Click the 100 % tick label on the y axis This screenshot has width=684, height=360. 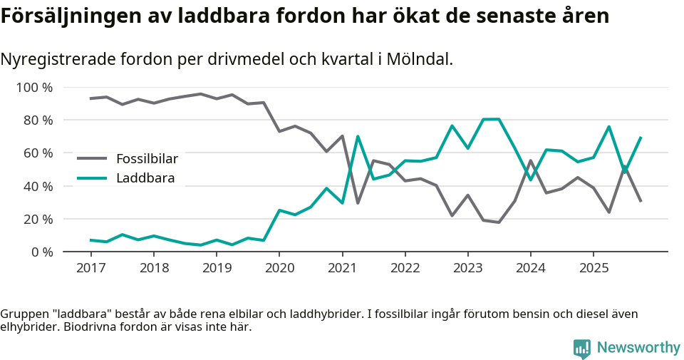point(34,88)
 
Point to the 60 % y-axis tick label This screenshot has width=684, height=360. point(38,153)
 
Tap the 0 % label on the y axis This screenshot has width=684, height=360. point(41,252)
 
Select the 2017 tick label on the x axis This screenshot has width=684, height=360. point(90,268)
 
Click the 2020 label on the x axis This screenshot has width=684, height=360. point(279,268)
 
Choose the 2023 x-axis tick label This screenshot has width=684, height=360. point(467,268)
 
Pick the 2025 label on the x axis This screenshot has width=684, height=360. point(593,268)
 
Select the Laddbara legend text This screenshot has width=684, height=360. point(145,178)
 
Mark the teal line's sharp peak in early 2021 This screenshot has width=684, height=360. point(358,136)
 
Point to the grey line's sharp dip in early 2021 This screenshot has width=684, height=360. point(358,203)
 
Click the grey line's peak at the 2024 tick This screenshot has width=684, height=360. point(531,160)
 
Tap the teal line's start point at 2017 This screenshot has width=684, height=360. point(90,240)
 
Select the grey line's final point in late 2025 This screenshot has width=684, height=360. point(641,201)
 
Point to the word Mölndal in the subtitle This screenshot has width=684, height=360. point(418,59)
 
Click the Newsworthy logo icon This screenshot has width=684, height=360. point(581,348)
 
